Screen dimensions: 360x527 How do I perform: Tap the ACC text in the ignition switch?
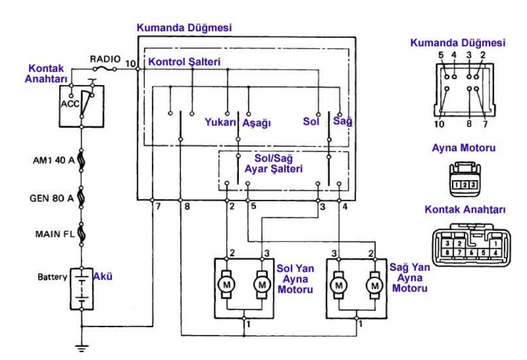click(x=70, y=104)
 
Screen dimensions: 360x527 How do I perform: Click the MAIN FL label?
click(x=53, y=234)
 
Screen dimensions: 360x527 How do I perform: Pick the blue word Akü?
click(x=103, y=276)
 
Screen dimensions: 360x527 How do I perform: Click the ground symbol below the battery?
click(x=82, y=348)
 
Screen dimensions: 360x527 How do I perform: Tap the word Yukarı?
click(x=220, y=121)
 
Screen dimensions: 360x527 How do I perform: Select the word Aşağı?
click(x=256, y=122)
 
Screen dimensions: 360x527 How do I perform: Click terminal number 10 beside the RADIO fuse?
click(x=130, y=63)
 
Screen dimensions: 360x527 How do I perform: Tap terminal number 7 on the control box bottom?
click(x=159, y=206)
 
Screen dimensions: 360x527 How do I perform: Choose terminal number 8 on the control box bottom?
click(x=187, y=206)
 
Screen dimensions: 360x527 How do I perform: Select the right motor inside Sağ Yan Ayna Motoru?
click(x=374, y=284)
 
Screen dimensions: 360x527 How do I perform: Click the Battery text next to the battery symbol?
click(x=53, y=277)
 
